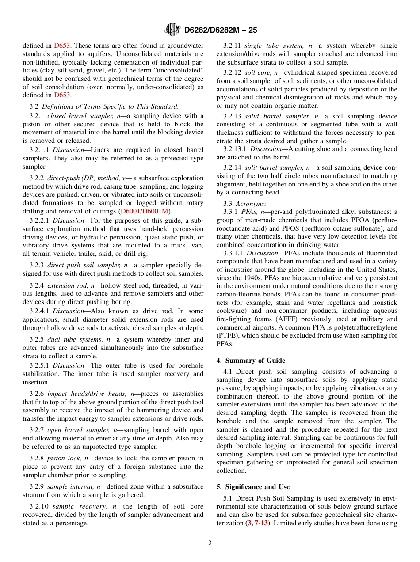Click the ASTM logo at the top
[172, 30]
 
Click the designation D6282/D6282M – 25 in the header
[220, 30]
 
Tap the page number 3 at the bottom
[210, 543]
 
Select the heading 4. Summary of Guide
[251, 361]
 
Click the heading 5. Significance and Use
[253, 487]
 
